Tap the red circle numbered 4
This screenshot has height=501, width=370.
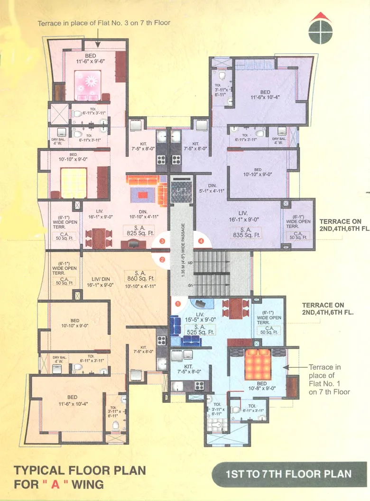point(201,241)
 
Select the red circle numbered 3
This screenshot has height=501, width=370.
point(162,241)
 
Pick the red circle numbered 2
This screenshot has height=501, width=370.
point(162,259)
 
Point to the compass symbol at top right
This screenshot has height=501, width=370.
point(317,28)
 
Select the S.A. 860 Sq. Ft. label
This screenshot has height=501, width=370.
point(140,276)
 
